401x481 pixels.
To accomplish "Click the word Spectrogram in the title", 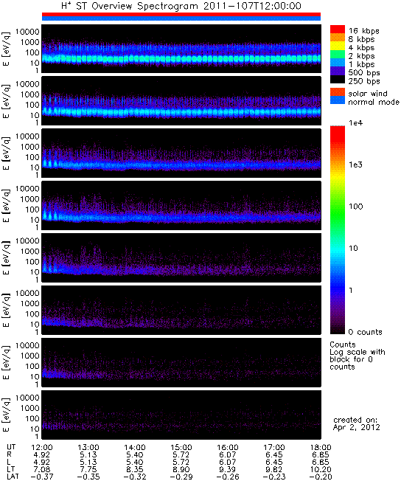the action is click(167, 6).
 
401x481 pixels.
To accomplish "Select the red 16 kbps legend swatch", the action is click(338, 30).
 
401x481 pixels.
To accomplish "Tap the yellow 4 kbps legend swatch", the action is click(338, 46).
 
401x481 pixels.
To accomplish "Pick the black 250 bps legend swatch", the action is click(338, 80).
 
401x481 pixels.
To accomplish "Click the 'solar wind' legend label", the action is click(368, 93).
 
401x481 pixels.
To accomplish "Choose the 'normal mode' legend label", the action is click(374, 102).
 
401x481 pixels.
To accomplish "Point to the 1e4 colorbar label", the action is click(355, 123).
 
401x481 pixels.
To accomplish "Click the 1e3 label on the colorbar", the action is click(355, 165).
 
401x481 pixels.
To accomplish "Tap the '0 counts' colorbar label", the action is click(366, 332).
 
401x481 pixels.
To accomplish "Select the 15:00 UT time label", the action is click(181, 448).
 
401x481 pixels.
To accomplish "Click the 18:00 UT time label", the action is click(321, 448).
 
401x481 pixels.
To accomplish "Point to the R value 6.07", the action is click(228, 455).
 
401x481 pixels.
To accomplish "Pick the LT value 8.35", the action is click(135, 469).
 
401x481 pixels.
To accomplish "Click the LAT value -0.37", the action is click(42, 477).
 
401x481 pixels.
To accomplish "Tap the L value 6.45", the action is click(274, 462).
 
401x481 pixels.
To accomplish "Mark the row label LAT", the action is click(13, 477).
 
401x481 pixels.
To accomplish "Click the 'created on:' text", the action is click(355, 420).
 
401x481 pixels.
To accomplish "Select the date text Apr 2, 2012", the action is click(357, 427).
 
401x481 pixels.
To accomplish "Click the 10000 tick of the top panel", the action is click(27, 32).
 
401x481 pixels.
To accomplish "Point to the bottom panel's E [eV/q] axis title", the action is click(6, 415).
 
